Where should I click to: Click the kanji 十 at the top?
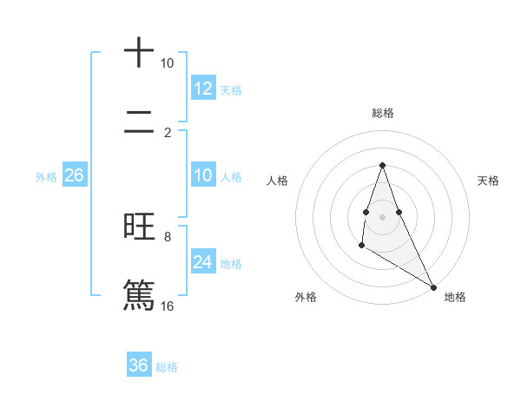click(x=139, y=52)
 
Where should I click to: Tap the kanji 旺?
click(x=139, y=227)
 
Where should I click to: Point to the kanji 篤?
click(x=139, y=293)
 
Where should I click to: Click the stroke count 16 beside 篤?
click(x=168, y=306)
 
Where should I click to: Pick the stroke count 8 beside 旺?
click(x=168, y=236)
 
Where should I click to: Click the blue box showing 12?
click(x=202, y=89)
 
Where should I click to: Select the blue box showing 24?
click(x=202, y=262)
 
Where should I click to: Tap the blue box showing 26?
click(x=74, y=175)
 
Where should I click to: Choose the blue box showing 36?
click(x=139, y=365)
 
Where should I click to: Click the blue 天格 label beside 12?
click(x=231, y=90)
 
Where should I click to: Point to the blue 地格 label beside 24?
click(x=231, y=264)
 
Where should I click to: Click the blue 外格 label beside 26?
click(x=46, y=177)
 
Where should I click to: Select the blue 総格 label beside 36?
click(x=167, y=367)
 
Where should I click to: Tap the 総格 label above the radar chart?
click(x=382, y=113)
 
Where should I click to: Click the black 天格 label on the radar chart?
click(x=488, y=181)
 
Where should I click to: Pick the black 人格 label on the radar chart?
click(x=277, y=181)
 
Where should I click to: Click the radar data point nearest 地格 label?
click(x=434, y=286)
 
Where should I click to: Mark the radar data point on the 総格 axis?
click(x=382, y=165)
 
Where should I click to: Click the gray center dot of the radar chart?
click(x=382, y=216)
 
